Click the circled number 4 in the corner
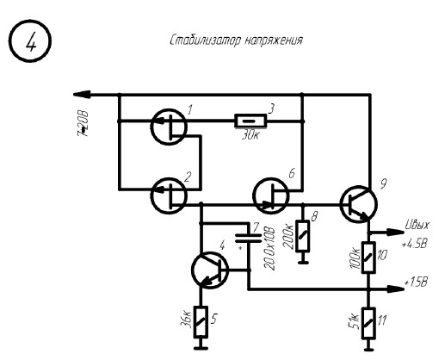[x=30, y=40]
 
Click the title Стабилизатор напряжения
[x=236, y=40]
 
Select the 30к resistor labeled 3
[x=250, y=121]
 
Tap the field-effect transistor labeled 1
[x=169, y=127]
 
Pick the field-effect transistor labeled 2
[x=169, y=196]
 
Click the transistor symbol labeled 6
[x=271, y=196]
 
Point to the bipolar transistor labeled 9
[x=359, y=204]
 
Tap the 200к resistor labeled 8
[x=303, y=236]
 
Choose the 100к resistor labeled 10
[x=368, y=257]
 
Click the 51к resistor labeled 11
[x=368, y=323]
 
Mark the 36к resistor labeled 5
[x=201, y=322]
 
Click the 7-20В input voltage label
[x=83, y=124]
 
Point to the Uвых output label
[x=417, y=226]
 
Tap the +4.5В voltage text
[x=415, y=244]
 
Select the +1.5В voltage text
[x=416, y=282]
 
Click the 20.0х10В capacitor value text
[x=269, y=249]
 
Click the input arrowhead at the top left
[x=82, y=94]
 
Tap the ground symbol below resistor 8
[x=303, y=262]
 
